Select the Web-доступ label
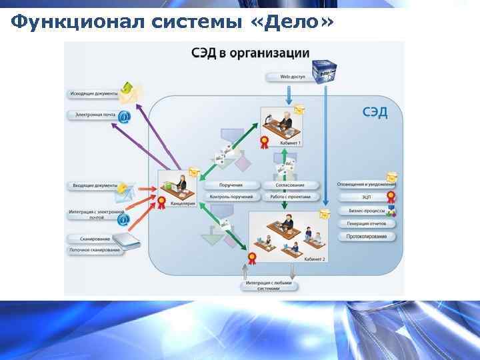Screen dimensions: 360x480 click(293, 77)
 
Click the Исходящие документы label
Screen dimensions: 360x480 click(93, 93)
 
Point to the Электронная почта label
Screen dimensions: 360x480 click(93, 115)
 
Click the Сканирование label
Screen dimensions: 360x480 click(88, 238)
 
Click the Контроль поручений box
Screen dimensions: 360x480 click(231, 197)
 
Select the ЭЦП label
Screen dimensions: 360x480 click(366, 197)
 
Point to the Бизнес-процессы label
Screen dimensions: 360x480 click(366, 210)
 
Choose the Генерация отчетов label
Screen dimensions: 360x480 click(366, 223)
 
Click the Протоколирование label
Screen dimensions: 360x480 click(366, 236)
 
